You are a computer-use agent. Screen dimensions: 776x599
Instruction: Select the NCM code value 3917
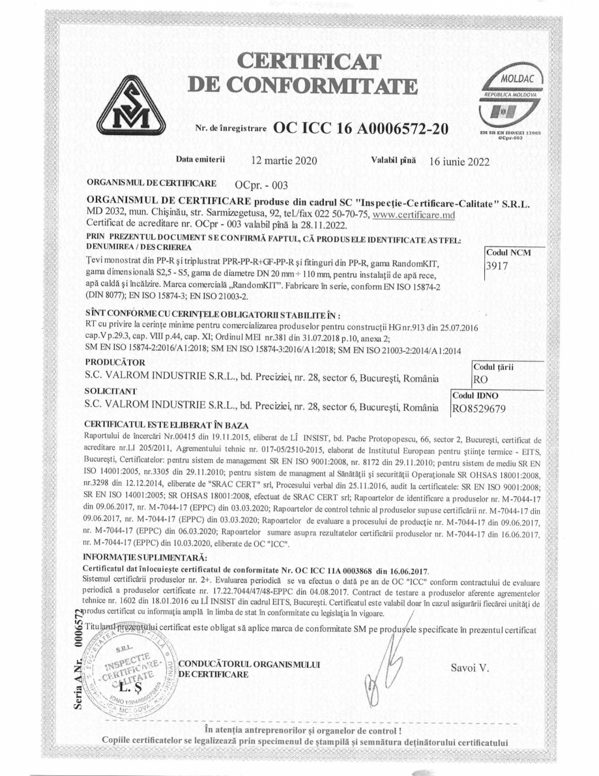click(498, 265)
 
